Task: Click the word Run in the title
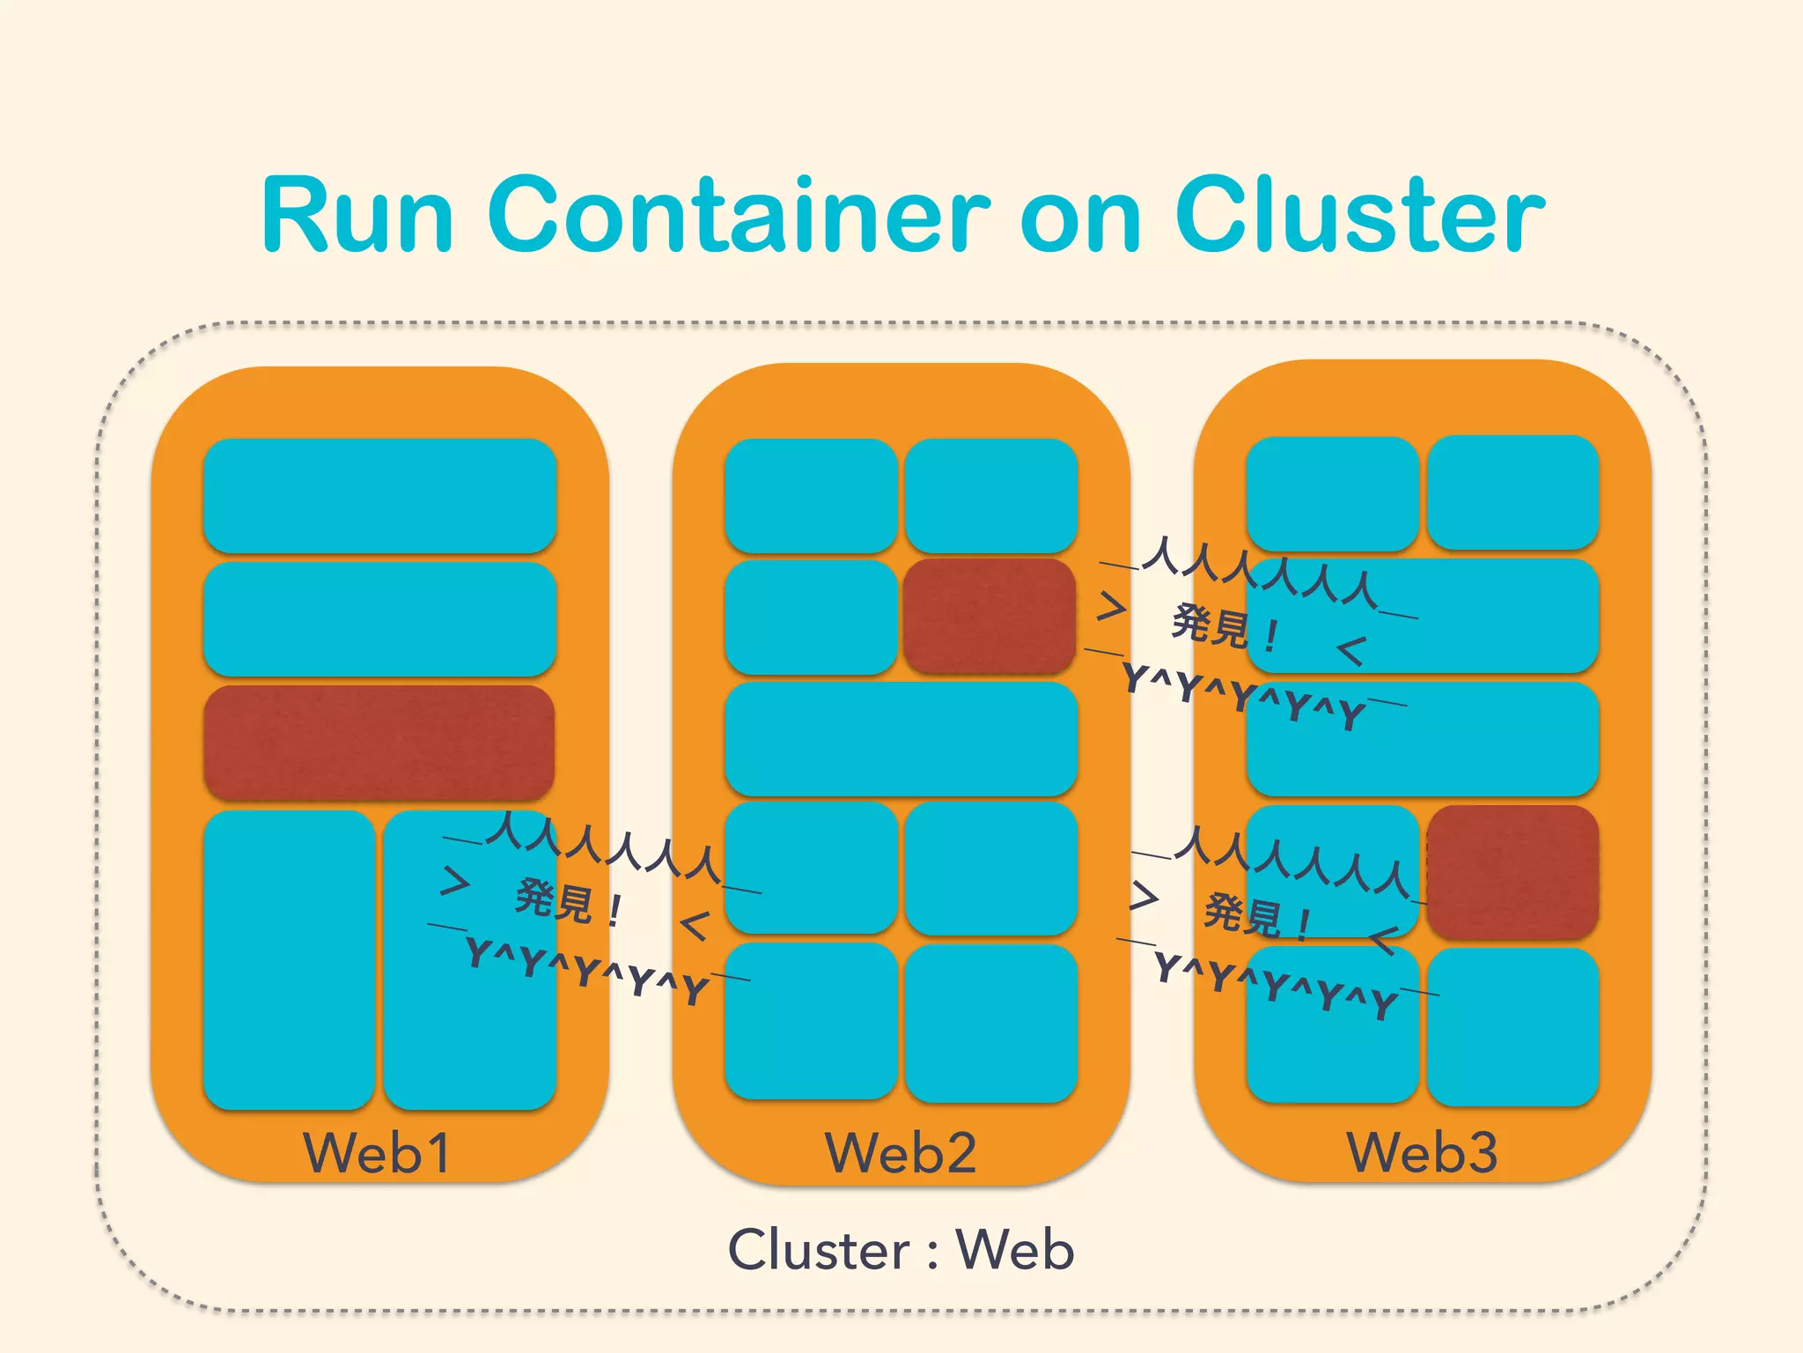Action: coord(357,215)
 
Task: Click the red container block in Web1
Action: coord(379,743)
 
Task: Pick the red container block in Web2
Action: coord(990,616)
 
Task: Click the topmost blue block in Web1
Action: coord(379,495)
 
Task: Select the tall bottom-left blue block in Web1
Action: coord(289,960)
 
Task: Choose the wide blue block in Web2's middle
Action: coord(901,738)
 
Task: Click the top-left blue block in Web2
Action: coord(811,495)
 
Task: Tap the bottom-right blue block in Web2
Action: coord(991,1023)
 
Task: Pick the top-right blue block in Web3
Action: coord(1512,492)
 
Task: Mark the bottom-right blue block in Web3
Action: coord(1512,1026)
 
